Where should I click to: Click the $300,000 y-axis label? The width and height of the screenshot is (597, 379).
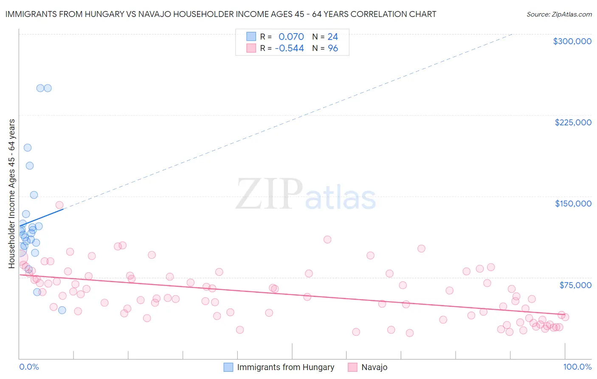572,41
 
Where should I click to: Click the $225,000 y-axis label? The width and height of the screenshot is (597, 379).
573,122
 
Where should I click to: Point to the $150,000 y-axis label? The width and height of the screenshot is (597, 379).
573,204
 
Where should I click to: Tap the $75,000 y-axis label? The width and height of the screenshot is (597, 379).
575,285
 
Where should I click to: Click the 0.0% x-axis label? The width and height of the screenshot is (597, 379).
29,367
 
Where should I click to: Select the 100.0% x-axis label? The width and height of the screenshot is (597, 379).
577,367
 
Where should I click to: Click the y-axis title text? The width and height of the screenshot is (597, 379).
11,194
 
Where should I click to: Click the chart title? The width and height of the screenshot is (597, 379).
221,14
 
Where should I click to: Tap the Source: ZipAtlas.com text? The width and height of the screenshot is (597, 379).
559,14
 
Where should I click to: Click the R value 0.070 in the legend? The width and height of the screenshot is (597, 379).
291,37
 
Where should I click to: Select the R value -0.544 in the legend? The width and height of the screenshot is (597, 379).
289,48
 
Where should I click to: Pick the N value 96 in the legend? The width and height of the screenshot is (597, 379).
333,48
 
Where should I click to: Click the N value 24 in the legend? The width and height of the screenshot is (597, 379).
333,37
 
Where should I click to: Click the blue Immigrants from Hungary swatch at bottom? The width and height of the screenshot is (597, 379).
228,367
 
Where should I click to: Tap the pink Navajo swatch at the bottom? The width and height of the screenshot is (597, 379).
352,367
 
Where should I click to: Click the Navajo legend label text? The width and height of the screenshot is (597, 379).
374,367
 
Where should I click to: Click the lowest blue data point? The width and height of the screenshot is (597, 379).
62,310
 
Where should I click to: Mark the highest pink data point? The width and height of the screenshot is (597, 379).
59,205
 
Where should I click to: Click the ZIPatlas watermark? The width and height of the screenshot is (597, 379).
306,195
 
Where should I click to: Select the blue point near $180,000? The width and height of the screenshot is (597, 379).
30,166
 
